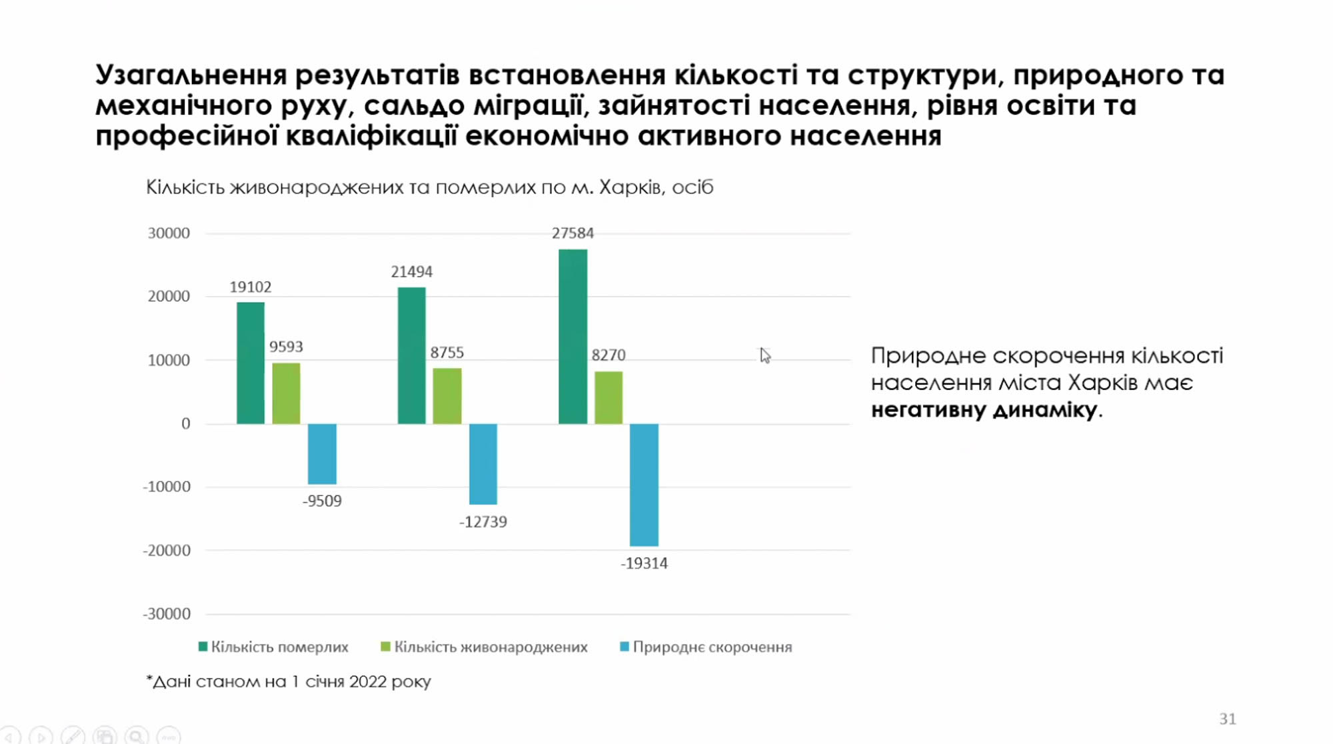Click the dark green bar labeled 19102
(x=251, y=363)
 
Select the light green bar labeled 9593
(x=286, y=393)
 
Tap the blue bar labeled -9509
(x=322, y=453)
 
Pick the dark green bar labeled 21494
(x=411, y=355)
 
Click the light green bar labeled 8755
(x=447, y=396)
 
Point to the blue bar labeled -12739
(x=483, y=464)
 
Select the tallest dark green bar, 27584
(x=573, y=337)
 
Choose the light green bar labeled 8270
(x=609, y=397)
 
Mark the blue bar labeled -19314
(x=644, y=485)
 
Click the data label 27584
(x=573, y=233)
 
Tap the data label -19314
(x=644, y=563)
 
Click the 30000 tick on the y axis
(x=169, y=233)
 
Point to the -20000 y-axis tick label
(x=167, y=551)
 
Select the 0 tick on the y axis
(x=186, y=424)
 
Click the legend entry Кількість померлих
(x=273, y=647)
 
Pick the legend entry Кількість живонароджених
(x=484, y=647)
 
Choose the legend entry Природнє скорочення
(x=706, y=647)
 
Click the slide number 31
(x=1228, y=719)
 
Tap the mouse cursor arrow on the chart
(x=764, y=355)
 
